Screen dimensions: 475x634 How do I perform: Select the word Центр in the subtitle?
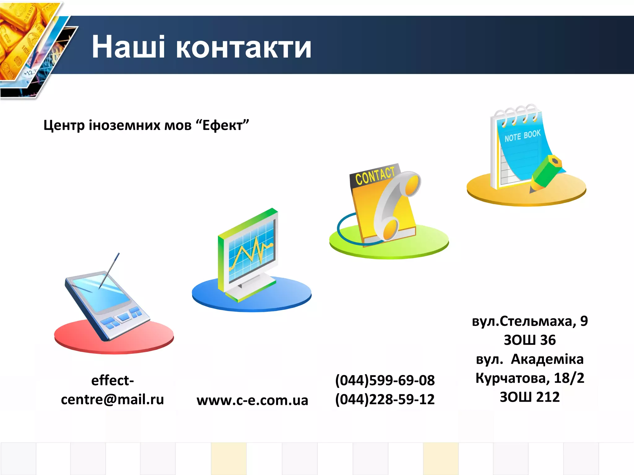64,126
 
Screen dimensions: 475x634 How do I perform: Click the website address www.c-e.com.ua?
252,400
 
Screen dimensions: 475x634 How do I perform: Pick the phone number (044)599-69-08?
385,380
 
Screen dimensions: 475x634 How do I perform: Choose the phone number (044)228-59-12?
385,399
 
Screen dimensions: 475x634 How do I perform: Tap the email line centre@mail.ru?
112,399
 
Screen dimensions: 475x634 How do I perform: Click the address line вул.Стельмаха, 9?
530,321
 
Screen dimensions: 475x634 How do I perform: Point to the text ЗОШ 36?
530,340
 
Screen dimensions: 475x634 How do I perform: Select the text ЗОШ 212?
530,397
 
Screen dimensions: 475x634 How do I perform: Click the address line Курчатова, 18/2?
530,378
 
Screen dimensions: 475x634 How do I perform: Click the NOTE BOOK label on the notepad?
523,136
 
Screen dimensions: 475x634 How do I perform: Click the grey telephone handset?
395,204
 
